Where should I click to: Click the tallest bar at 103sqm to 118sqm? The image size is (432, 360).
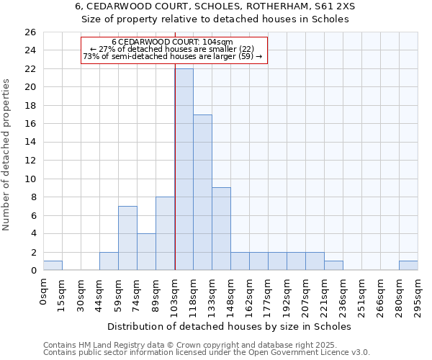[x=184, y=169]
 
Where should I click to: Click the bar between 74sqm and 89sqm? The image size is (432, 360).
[x=146, y=252]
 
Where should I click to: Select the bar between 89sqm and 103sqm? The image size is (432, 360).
[x=165, y=233]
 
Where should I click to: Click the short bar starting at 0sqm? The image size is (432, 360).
[x=53, y=266]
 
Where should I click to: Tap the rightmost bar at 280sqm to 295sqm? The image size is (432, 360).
[x=408, y=266]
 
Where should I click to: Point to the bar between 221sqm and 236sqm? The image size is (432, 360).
[x=333, y=266]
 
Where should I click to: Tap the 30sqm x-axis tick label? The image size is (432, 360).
[x=81, y=294]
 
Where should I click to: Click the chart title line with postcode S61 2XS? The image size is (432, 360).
[x=215, y=6]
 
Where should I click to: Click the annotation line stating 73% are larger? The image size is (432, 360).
[x=173, y=56]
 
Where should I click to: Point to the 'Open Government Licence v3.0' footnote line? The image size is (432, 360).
[x=207, y=353]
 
